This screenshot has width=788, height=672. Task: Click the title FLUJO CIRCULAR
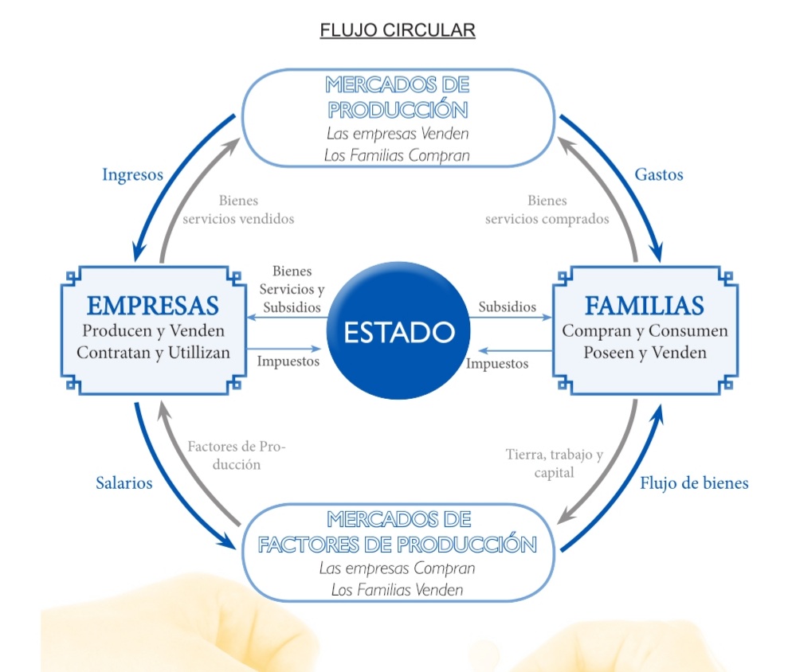397,31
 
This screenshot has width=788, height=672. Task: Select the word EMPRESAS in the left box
153,306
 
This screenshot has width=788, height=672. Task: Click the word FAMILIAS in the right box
644,306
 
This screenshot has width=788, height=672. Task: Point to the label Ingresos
132,174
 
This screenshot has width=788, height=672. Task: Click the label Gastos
659,174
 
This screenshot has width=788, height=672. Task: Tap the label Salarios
123,483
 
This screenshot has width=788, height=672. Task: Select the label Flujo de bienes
694,483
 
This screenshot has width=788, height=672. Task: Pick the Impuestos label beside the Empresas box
288,361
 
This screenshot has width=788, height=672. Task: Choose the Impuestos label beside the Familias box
496,363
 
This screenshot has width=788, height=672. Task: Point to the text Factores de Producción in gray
236,455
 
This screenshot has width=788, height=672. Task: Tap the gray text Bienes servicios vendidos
238,210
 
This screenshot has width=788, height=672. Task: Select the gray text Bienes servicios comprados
547,210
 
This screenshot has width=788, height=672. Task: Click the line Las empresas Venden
397,133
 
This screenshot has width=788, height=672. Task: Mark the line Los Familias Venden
397,590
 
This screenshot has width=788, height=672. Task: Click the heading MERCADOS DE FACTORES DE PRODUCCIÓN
397,533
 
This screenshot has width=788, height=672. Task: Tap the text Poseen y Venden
645,353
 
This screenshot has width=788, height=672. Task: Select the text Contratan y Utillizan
154,353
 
